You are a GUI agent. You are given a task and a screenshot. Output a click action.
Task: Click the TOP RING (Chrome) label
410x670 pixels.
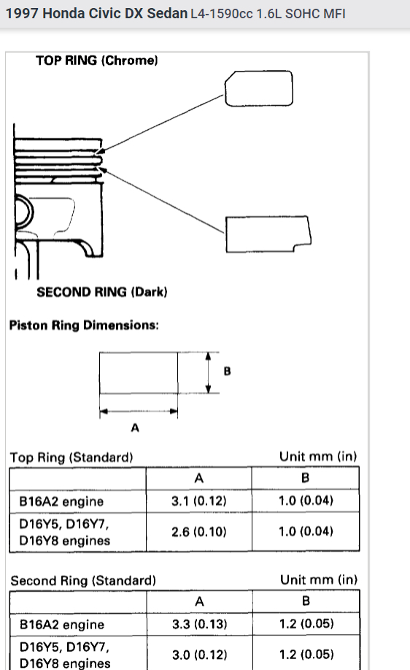tap(96, 61)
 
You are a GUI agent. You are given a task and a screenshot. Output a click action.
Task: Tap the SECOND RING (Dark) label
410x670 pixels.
tap(101, 292)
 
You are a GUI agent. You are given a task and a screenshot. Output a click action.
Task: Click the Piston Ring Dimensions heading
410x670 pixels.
tap(84, 326)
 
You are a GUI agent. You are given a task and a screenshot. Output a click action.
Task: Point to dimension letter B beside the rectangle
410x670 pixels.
tap(227, 371)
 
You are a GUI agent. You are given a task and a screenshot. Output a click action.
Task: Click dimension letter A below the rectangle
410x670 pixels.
tap(135, 427)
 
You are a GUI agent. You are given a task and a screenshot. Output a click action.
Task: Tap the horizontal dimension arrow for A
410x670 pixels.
tap(139, 412)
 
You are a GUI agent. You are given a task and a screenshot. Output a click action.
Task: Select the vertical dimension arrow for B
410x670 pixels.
tap(209, 373)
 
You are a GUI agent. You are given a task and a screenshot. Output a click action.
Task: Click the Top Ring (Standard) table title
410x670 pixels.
tap(71, 457)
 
